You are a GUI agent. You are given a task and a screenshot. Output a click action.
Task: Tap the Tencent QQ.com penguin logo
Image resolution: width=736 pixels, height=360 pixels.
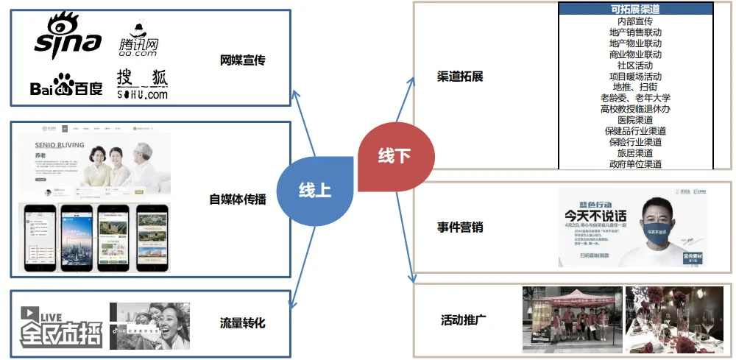click(x=138, y=40)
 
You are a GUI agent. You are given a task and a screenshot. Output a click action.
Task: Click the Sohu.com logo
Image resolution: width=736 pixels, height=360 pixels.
click(x=142, y=84)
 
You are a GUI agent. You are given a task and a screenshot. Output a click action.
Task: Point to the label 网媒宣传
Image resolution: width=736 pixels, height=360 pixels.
click(x=242, y=60)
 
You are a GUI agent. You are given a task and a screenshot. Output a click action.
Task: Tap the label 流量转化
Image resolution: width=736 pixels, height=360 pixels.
click(x=242, y=323)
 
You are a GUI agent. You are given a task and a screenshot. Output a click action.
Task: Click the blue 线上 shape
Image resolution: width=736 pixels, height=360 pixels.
click(x=314, y=190)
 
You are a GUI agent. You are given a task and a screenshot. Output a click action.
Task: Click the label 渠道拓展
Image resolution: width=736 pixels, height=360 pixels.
click(x=460, y=77)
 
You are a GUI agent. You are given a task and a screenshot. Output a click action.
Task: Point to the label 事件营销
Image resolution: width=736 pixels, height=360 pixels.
click(x=460, y=227)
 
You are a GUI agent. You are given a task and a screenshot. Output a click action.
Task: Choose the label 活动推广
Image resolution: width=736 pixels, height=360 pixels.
click(x=463, y=320)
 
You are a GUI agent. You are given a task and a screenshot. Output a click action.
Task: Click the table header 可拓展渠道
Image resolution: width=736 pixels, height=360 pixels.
click(x=635, y=10)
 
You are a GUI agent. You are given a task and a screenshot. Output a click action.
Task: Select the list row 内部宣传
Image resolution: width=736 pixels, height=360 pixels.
click(x=635, y=21)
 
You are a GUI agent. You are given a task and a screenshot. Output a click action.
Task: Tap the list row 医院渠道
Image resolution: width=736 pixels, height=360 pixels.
click(x=635, y=120)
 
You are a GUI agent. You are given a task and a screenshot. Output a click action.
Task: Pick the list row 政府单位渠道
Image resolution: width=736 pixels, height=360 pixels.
click(x=635, y=164)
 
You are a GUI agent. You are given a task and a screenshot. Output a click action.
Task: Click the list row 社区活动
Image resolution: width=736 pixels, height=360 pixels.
click(x=635, y=66)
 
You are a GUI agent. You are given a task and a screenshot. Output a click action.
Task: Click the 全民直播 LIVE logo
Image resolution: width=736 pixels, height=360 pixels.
click(x=60, y=326)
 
